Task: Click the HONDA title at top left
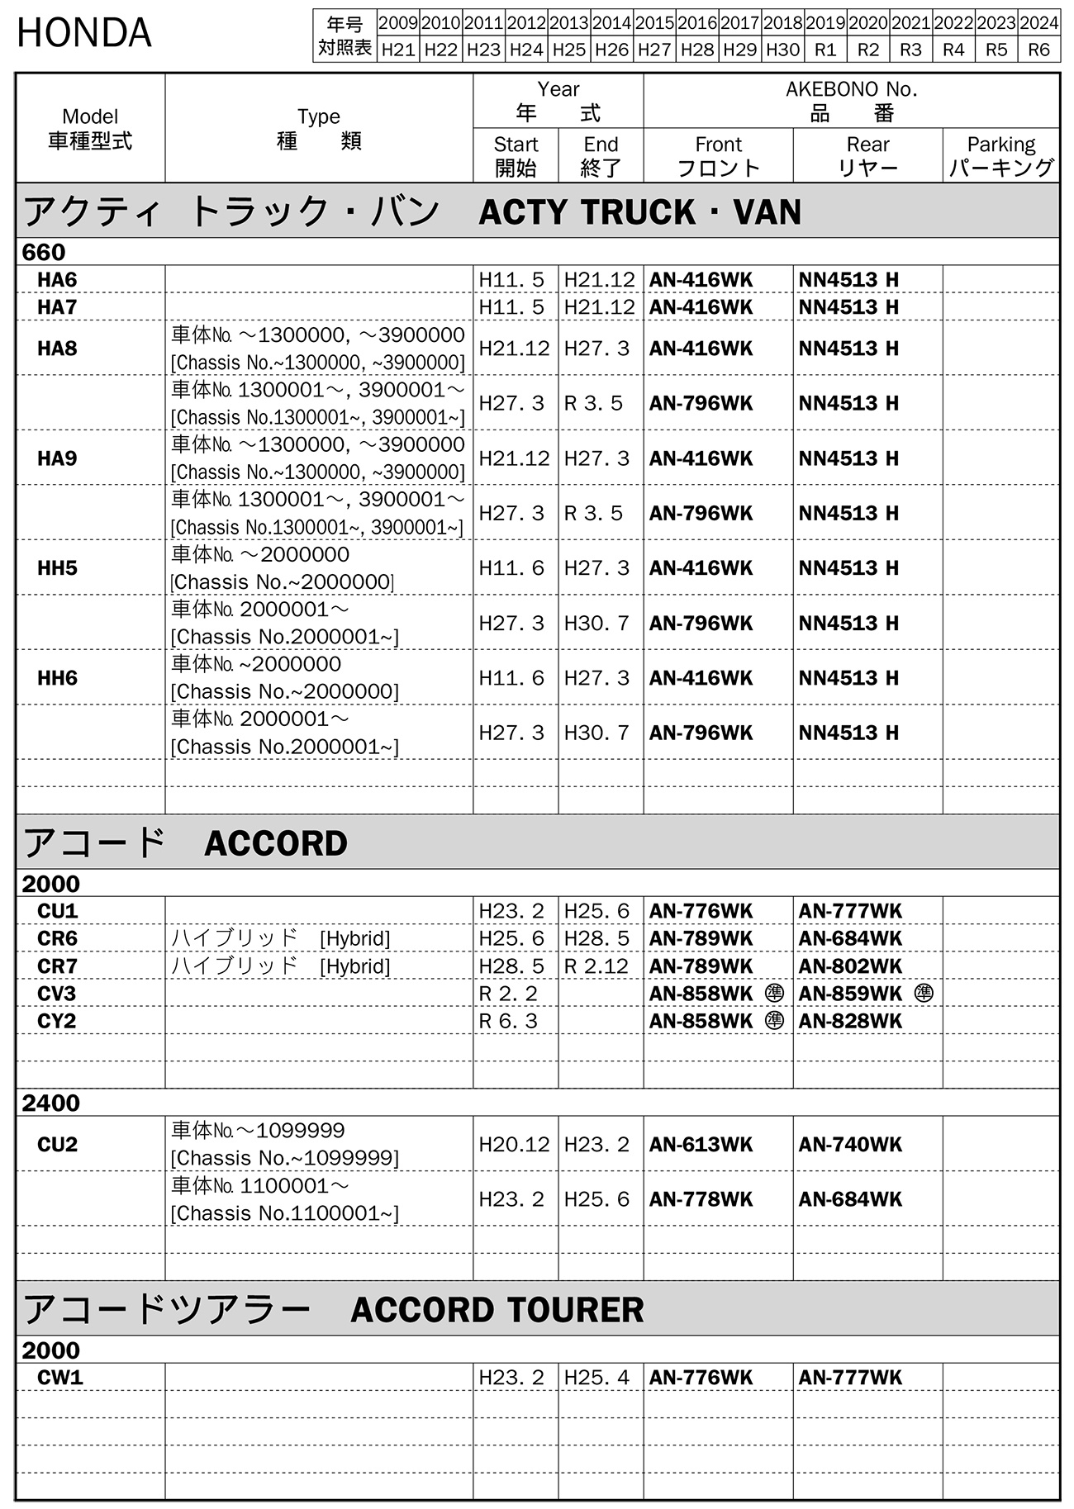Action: [84, 34]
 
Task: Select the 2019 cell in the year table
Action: [825, 23]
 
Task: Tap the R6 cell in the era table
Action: [1038, 50]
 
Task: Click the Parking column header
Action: [1000, 156]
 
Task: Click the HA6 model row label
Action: [57, 280]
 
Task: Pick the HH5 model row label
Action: [57, 568]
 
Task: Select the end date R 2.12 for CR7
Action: [596, 966]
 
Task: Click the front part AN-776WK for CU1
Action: [701, 911]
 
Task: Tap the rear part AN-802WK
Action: [850, 966]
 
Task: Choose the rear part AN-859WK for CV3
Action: [850, 994]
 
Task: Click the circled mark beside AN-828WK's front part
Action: [774, 1021]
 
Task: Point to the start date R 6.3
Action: [508, 1021]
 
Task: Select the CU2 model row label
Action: [57, 1145]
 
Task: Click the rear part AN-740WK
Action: [850, 1145]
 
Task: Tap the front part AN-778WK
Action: [701, 1199]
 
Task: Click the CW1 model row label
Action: [60, 1378]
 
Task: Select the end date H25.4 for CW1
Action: [596, 1378]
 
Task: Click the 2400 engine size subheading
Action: [50, 1103]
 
